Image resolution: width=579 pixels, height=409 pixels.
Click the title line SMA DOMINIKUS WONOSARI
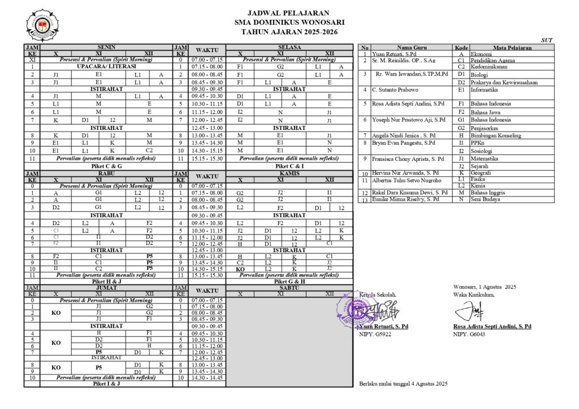click(x=289, y=22)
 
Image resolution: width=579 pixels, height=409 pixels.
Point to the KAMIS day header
click(x=289, y=173)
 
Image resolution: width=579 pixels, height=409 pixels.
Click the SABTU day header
click(x=289, y=287)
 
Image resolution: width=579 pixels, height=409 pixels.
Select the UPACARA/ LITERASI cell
click(x=99, y=67)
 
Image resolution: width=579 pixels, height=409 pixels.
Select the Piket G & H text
click(x=289, y=281)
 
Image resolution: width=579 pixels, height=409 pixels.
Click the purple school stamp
click(x=360, y=309)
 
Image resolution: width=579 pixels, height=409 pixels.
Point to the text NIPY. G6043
click(x=469, y=334)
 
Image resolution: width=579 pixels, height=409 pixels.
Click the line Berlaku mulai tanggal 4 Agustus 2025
click(x=403, y=384)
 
